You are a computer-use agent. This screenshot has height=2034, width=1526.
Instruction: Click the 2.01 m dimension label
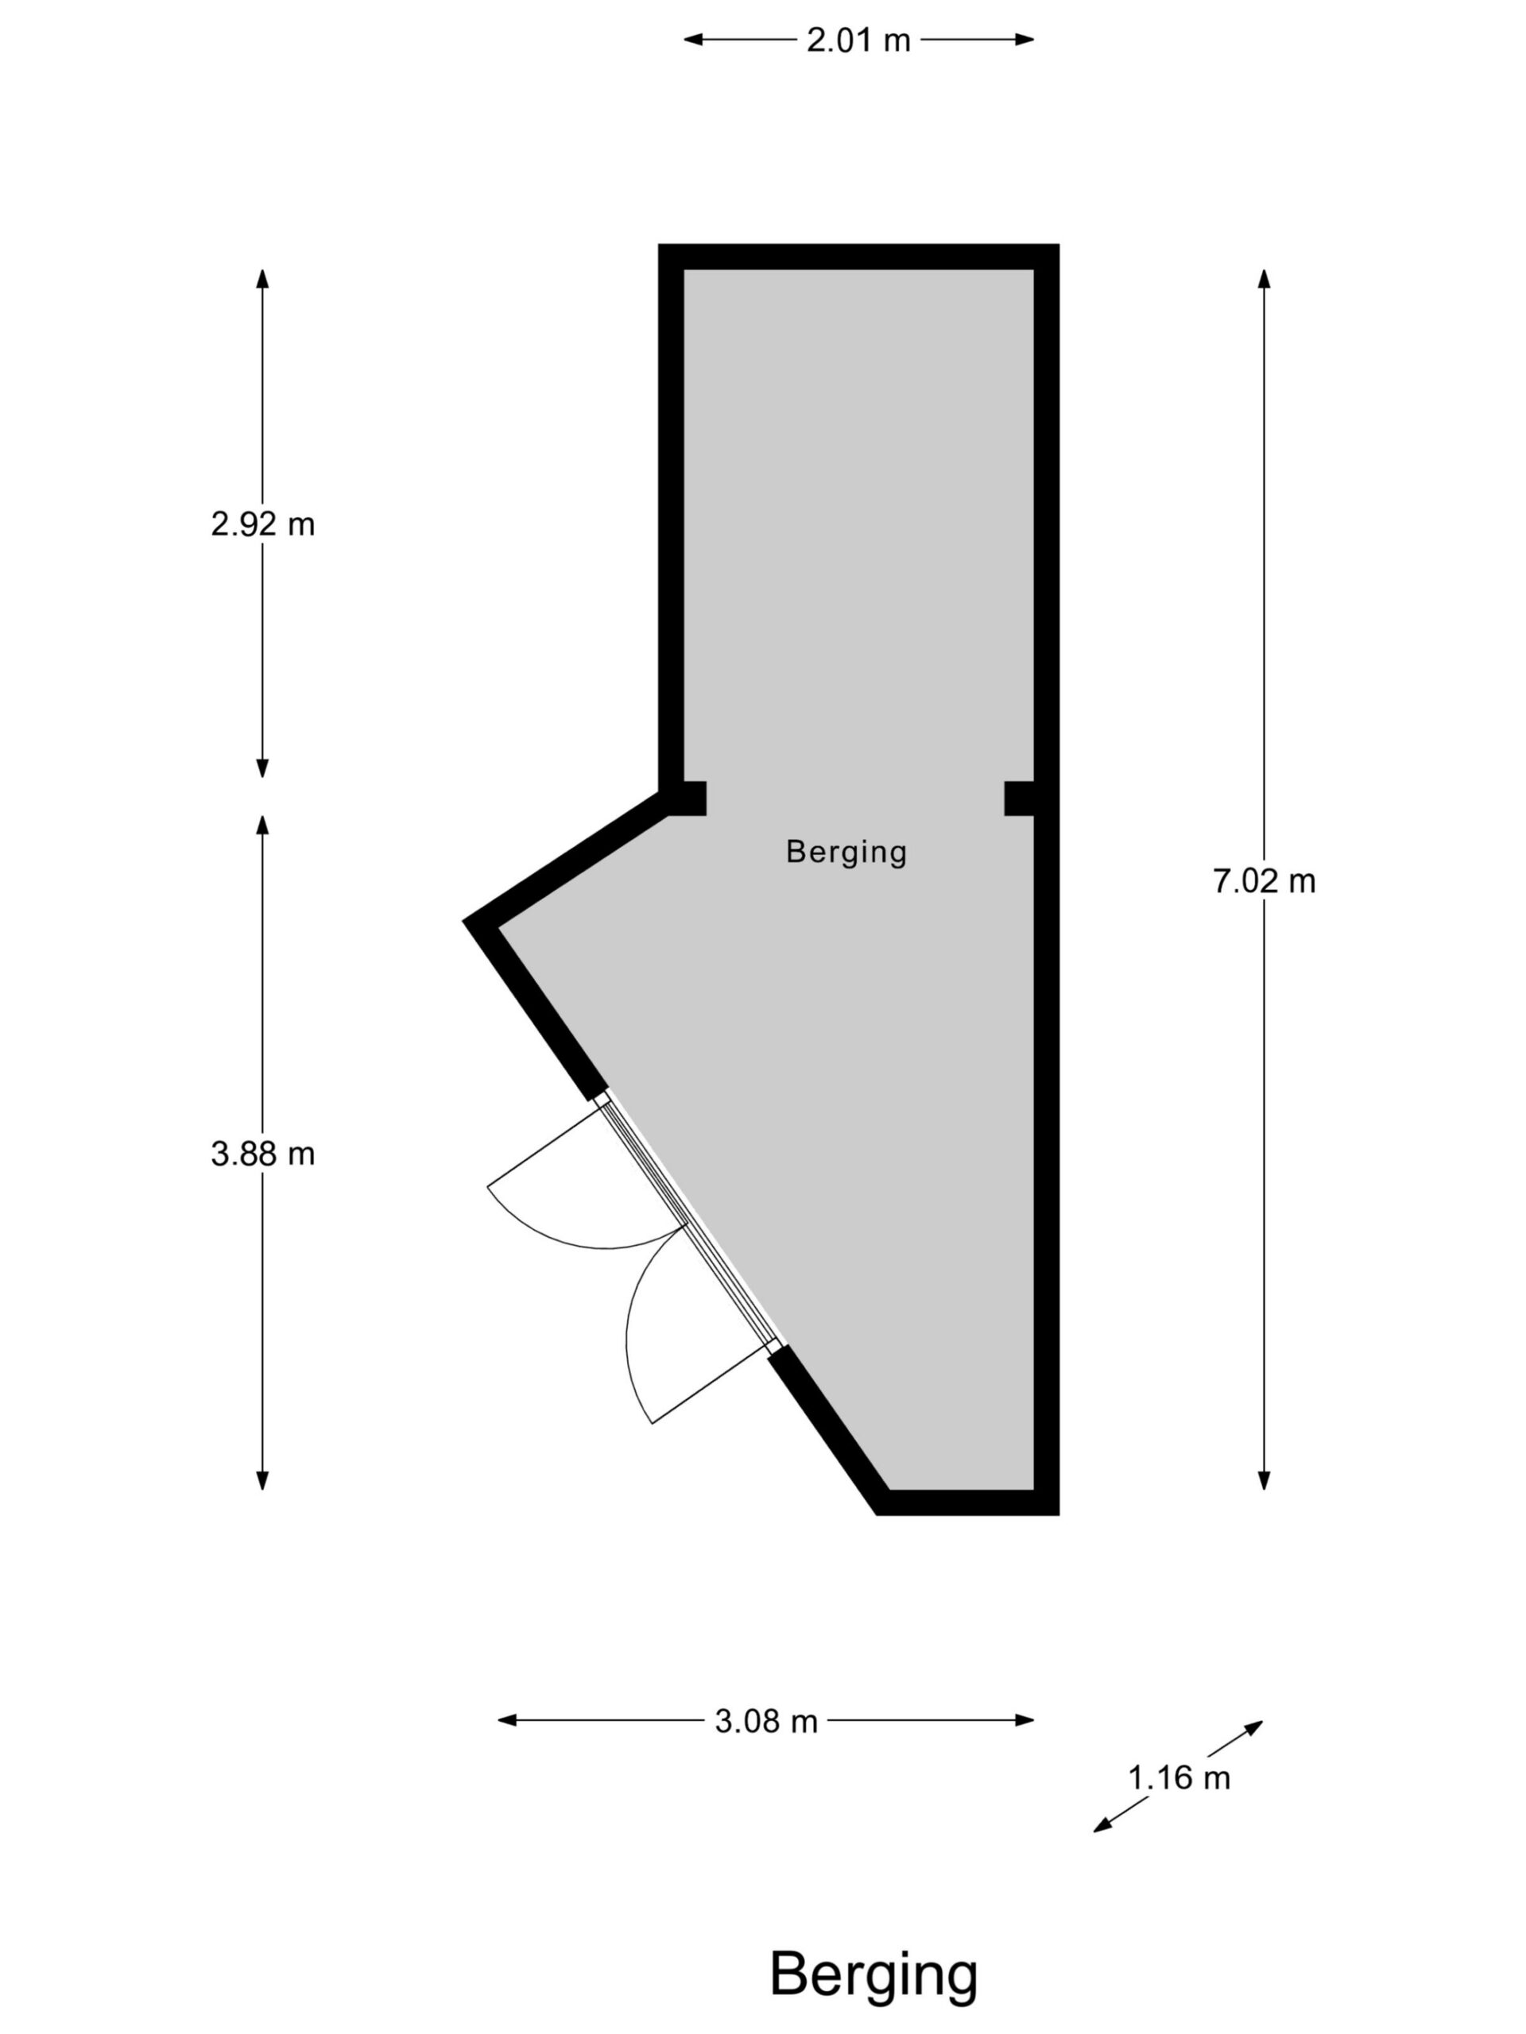coord(858,40)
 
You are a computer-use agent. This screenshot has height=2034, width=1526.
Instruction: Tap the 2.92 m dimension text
coord(262,524)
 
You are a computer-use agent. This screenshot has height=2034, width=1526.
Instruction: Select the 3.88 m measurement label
coord(262,1154)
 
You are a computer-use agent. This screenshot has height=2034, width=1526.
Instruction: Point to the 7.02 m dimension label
coord(1264,882)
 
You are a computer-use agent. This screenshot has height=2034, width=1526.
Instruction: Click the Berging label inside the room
coord(846,853)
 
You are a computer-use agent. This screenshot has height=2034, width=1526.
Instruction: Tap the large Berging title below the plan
coord(873,1974)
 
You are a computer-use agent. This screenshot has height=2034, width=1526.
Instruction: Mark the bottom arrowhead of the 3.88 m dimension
coord(262,1480)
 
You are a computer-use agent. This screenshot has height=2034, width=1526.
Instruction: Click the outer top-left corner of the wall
coord(659,245)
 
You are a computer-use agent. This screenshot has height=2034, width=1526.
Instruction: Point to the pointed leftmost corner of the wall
coord(463,919)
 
